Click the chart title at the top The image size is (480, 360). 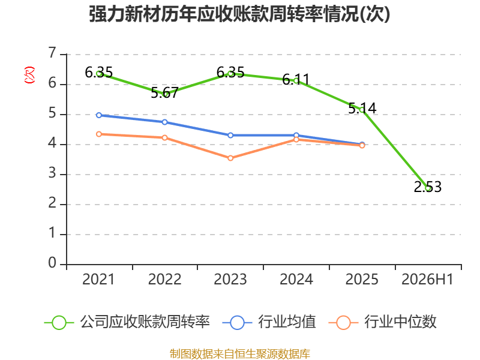239,14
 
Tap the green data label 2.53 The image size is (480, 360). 428,187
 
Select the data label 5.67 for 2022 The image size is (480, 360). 164,92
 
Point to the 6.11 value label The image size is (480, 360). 296,80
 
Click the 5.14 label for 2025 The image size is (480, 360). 362,109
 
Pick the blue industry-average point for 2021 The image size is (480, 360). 99,115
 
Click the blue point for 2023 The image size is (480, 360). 230,136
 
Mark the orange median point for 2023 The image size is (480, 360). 230,158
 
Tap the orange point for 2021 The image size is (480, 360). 99,134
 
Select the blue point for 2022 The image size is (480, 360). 164,122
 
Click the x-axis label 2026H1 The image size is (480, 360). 427,280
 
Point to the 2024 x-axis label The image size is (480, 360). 296,280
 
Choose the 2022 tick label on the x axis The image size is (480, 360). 164,280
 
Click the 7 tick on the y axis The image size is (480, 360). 52,53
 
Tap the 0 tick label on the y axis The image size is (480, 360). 52,263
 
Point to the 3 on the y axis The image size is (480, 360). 52,173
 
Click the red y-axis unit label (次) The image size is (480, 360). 29,75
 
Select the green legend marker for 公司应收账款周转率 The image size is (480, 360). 59,323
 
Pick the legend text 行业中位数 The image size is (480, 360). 400,322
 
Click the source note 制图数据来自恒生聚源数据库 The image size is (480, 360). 240,354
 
